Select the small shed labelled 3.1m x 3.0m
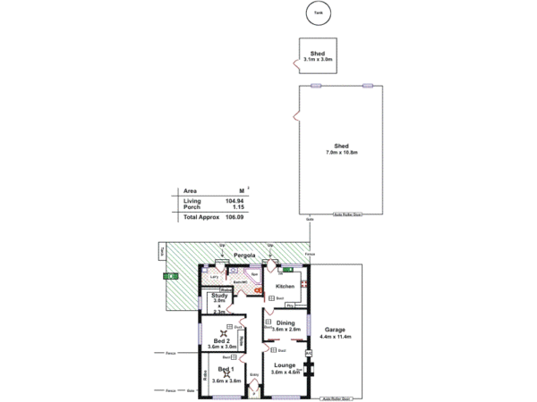316,60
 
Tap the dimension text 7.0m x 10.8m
341,153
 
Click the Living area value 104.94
235,202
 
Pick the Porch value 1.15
238,207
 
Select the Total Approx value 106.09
234,217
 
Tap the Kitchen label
285,286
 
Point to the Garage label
335,329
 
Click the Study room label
219,295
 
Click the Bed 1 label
226,369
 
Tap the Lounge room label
285,365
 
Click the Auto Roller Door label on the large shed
347,214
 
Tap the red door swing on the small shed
295,63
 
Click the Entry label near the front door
254,374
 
